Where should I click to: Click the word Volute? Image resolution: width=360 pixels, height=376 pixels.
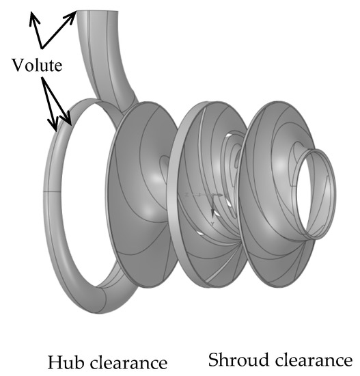(39, 66)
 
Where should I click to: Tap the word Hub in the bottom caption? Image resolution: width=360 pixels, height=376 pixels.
(64, 360)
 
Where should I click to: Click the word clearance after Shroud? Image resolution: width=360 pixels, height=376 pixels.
(310, 360)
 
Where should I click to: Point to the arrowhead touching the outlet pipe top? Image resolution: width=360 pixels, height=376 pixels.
(74, 14)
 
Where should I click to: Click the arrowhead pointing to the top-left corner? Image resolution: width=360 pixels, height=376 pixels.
(31, 17)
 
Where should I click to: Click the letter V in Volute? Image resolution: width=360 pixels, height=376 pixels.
(17, 66)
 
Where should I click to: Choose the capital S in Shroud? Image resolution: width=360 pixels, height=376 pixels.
(213, 360)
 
